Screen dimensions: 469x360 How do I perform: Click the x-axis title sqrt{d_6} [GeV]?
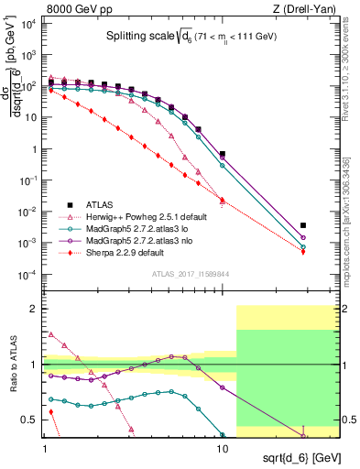[296, 453]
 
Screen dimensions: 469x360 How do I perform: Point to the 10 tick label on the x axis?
[222, 438]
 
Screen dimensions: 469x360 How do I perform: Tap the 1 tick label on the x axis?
[45, 438]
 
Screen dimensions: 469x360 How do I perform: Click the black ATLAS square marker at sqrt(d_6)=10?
[223, 155]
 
